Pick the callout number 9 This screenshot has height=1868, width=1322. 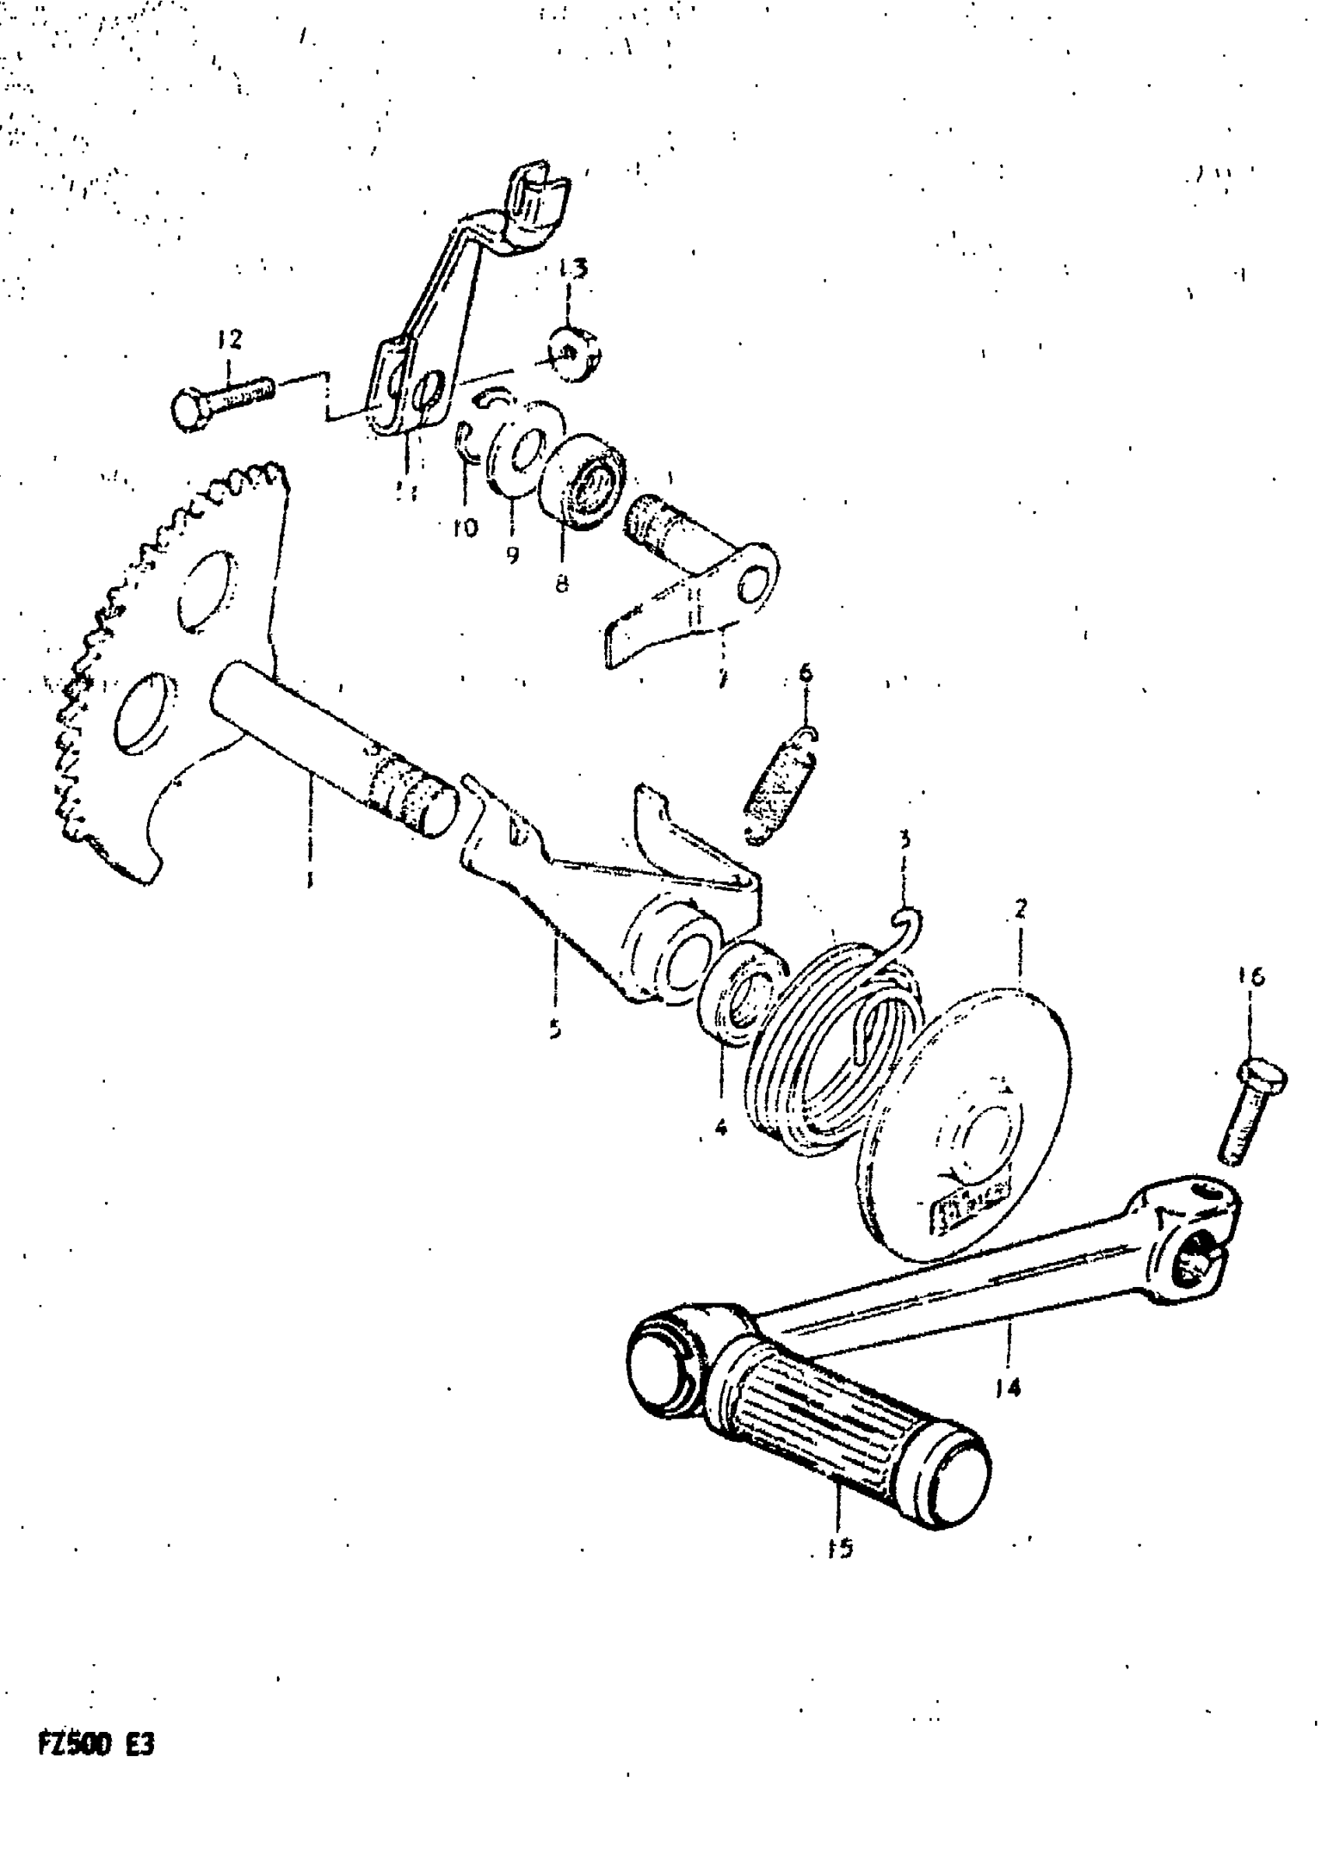(512, 555)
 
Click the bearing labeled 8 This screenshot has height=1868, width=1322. (582, 483)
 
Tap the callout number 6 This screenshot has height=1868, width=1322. (805, 673)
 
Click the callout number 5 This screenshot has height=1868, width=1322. (555, 1030)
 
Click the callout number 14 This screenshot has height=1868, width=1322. (1008, 1387)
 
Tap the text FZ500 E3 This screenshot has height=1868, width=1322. (96, 1746)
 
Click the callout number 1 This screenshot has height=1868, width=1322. (309, 880)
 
